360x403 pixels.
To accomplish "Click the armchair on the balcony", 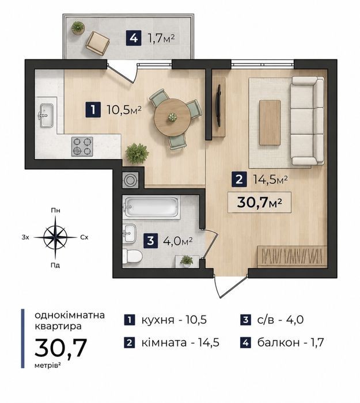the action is click(97, 43).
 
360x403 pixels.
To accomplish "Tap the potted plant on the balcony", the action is click(78, 28).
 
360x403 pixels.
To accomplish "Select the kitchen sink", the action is click(47, 115).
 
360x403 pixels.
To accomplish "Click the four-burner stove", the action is click(82, 146).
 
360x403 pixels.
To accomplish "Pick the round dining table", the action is click(172, 117).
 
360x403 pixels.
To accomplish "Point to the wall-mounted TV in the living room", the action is click(218, 105).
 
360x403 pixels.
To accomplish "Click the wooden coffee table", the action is click(270, 123).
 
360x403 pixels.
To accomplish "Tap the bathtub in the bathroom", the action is click(151, 207).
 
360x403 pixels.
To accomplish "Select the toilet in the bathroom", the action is click(132, 257).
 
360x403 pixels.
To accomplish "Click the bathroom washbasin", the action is click(130, 233).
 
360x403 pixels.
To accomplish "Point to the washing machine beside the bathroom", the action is click(131, 180).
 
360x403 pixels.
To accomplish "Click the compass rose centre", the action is click(55, 237).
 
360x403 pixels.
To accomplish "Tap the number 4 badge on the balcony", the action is click(134, 39).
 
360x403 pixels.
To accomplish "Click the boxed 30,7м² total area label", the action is click(259, 202).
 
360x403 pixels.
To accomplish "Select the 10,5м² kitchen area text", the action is click(124, 110).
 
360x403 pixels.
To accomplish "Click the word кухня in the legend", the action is click(158, 320).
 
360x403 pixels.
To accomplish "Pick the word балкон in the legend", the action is click(278, 343).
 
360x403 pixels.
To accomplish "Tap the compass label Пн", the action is click(55, 211).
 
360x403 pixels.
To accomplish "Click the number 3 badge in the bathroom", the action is click(151, 241).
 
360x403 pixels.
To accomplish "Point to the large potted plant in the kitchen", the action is click(137, 153).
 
